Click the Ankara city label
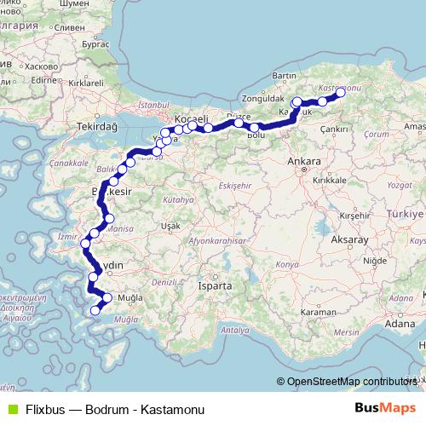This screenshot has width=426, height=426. (x=304, y=161)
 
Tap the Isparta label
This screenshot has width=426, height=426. (x=216, y=286)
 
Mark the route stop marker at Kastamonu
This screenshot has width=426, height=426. (x=340, y=92)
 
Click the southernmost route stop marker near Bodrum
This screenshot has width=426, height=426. (x=95, y=309)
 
